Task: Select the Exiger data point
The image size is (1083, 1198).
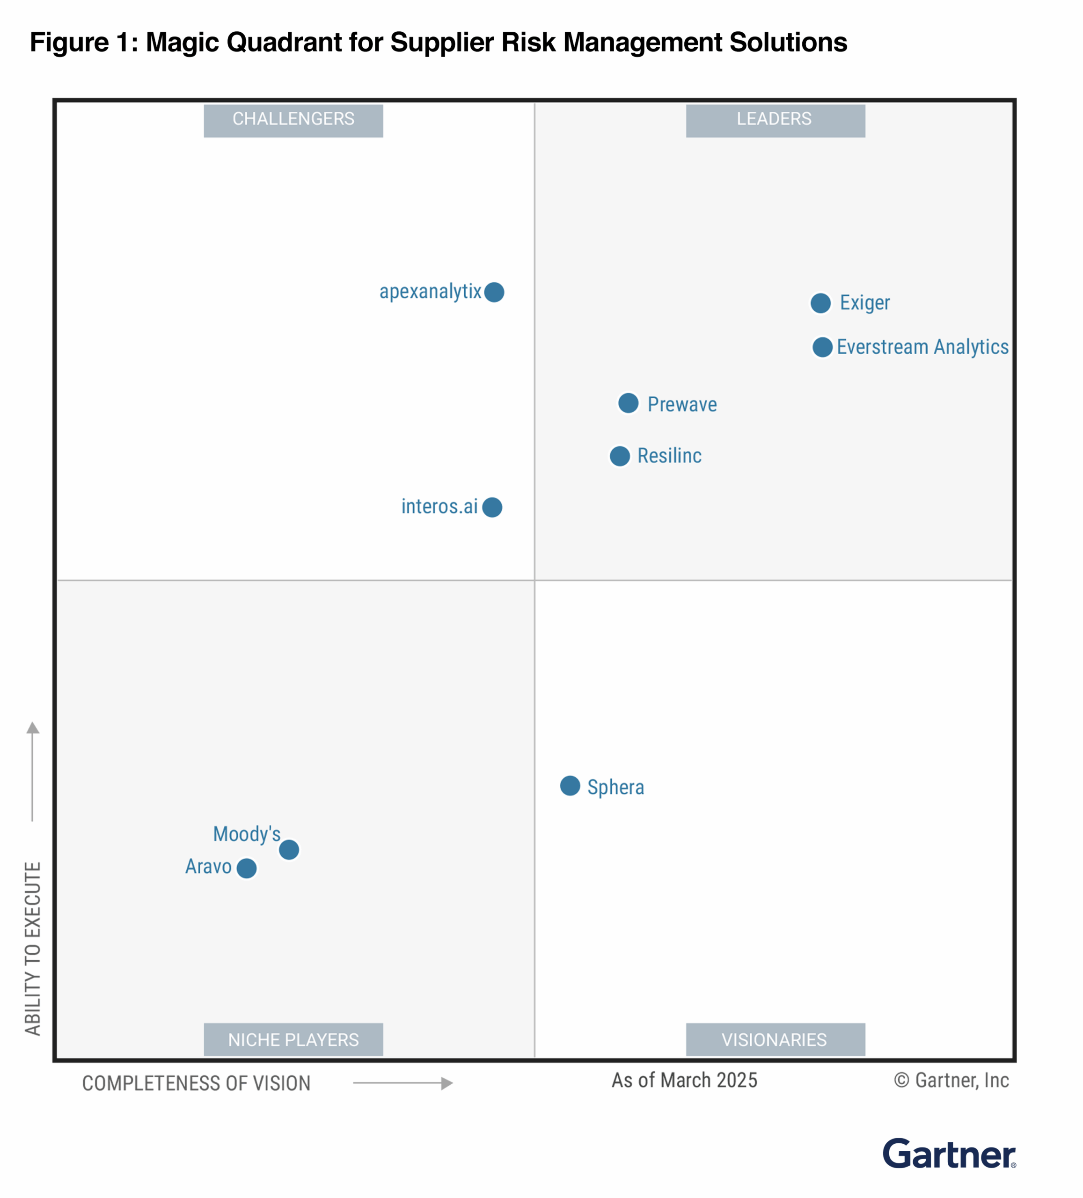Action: (821, 303)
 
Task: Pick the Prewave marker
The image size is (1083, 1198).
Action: (628, 403)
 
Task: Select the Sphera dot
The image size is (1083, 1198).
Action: (570, 786)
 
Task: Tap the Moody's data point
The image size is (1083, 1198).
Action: (289, 850)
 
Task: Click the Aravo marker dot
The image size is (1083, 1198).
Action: (247, 868)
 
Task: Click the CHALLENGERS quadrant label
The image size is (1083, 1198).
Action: (293, 120)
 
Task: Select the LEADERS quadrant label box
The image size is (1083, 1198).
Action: (775, 120)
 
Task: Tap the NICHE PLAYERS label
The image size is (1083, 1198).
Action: (293, 1040)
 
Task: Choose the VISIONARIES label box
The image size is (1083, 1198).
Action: (775, 1040)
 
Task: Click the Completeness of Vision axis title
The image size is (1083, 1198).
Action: (196, 1083)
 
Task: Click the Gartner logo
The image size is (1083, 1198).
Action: (949, 1154)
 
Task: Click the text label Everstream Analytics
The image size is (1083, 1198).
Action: (922, 347)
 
